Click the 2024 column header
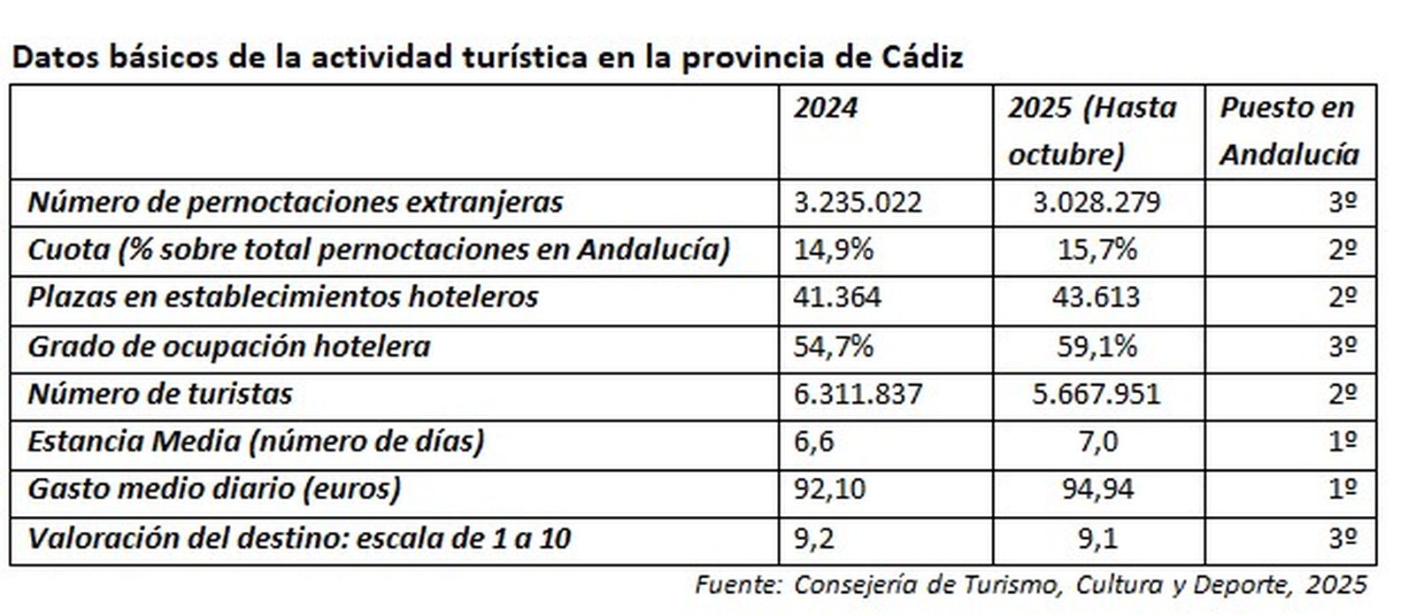point(825,108)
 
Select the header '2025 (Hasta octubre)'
point(1091,131)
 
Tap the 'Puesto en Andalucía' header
point(1289,131)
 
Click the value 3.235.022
point(857,203)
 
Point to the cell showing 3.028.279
point(1096,203)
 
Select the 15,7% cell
point(1097,250)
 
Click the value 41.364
point(837,297)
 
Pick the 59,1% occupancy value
point(1097,346)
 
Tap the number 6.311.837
point(858,394)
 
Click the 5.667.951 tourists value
point(1096,394)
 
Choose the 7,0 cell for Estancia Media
point(1097,442)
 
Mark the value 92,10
point(829,489)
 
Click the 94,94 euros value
point(1097,489)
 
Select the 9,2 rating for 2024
point(813,537)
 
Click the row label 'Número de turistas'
point(160,394)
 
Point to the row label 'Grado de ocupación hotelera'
point(228,346)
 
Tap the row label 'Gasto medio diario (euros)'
point(214,489)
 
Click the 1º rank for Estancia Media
point(1342,442)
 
